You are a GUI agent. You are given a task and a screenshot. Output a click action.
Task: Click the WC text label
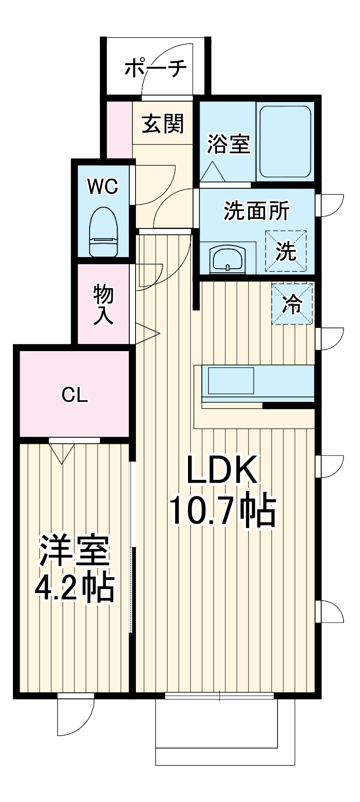tap(103, 186)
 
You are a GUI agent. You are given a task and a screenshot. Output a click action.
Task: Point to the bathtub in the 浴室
tap(285, 142)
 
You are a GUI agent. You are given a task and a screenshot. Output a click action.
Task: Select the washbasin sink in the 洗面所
tap(228, 258)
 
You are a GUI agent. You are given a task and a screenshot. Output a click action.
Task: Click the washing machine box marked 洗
tap(286, 251)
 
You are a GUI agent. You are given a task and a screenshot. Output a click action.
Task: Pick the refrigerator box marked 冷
tap(292, 304)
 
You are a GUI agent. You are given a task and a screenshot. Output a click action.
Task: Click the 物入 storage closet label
tap(103, 305)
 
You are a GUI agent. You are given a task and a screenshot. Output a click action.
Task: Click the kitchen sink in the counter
tap(231, 381)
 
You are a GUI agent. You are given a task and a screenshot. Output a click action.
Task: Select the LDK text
tap(221, 471)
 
